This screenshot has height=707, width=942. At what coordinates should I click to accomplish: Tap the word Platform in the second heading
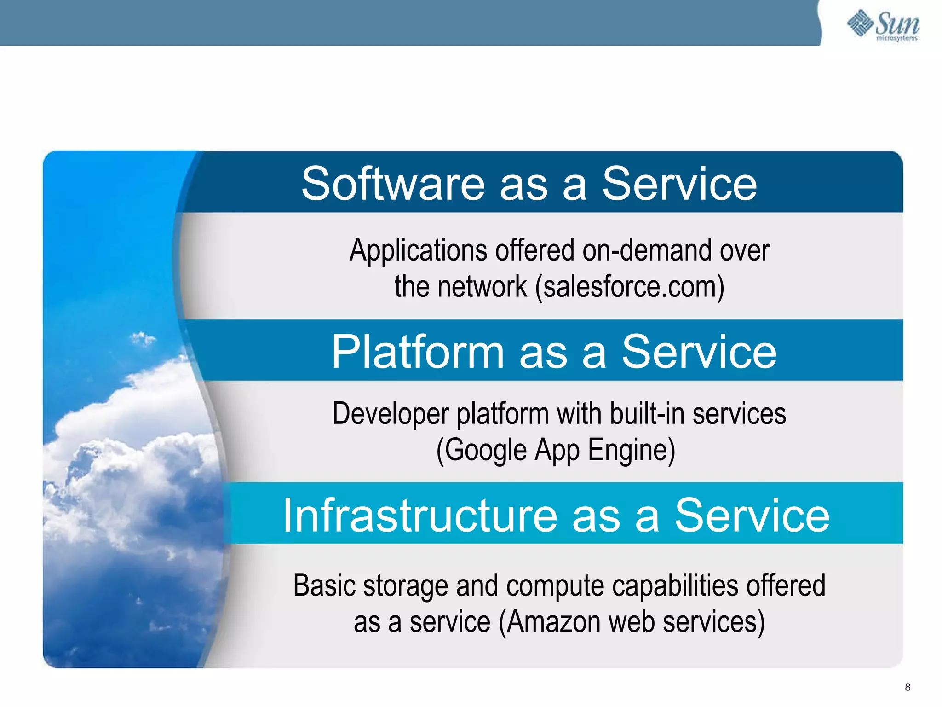click(418, 352)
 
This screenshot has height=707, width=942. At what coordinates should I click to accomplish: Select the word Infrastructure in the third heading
click(420, 516)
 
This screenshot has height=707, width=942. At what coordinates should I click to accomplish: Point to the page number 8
click(908, 687)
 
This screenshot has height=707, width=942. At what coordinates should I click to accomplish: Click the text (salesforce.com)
click(630, 287)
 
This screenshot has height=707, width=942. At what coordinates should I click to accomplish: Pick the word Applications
click(418, 251)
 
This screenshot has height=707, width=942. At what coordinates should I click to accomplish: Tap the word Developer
click(391, 413)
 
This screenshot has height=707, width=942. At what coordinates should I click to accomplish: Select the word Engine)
click(632, 450)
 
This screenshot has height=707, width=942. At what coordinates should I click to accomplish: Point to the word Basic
click(324, 585)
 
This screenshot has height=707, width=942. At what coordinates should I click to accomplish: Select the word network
click(482, 287)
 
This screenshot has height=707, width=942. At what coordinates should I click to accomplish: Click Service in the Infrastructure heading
click(752, 516)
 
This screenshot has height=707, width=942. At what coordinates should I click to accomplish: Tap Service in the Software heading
click(679, 184)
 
